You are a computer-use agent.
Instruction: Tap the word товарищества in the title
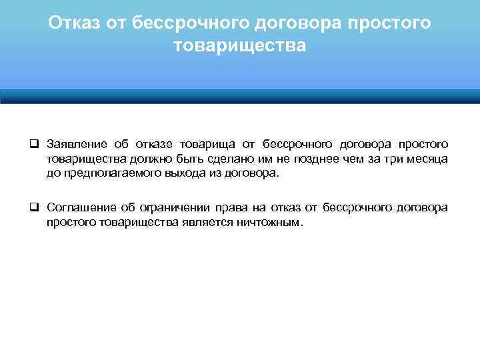tap(240, 46)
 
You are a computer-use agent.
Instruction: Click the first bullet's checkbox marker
tap(33, 145)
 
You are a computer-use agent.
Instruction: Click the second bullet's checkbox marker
tap(33, 208)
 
